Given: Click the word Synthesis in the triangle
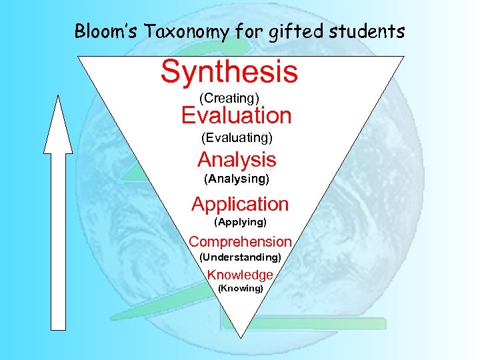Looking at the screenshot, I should tap(229, 72).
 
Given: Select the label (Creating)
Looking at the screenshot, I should tap(229, 99).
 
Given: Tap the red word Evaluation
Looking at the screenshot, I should tap(237, 116).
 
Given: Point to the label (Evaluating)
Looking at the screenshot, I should tap(237, 138).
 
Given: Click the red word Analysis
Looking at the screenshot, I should tap(237, 160).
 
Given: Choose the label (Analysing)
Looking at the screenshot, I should tap(237, 179).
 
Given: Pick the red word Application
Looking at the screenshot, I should tap(240, 204).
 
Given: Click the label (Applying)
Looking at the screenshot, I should tap(240, 221).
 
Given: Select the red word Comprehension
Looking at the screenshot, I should tap(240, 241).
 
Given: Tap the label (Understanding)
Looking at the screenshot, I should tap(240, 257).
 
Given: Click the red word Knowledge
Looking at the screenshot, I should tap(240, 275).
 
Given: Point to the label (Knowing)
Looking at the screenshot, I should tap(241, 289).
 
